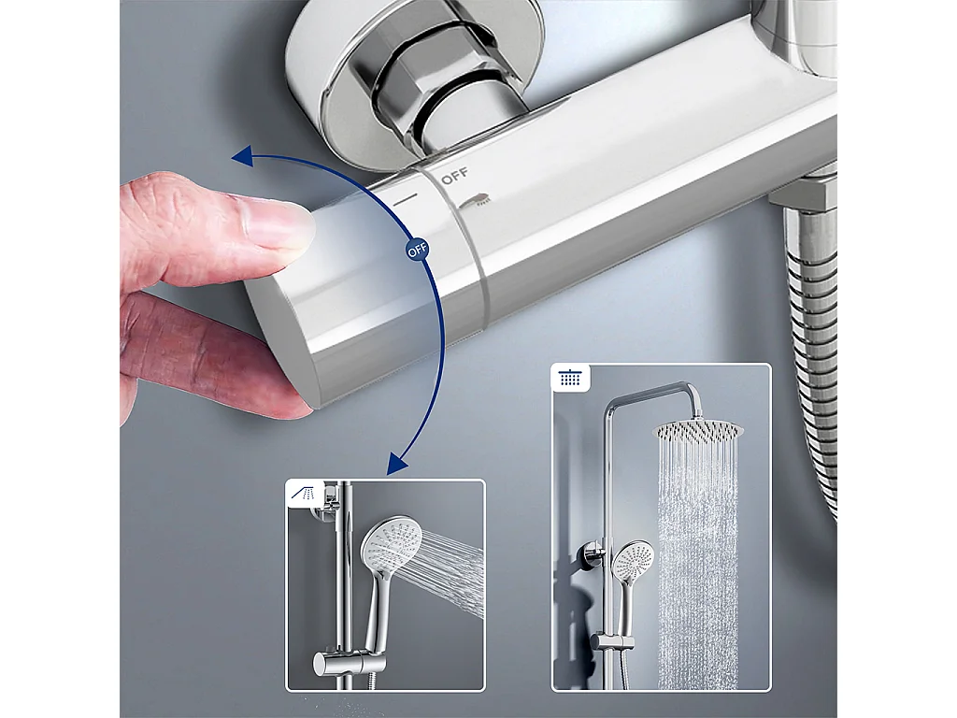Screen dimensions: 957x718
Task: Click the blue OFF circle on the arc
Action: coord(418,250)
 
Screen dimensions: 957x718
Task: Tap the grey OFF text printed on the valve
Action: coord(455,176)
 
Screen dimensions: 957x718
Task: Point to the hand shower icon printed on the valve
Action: coord(475,201)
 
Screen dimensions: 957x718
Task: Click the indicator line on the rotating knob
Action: coord(406,198)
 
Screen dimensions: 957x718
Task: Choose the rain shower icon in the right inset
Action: coord(571,378)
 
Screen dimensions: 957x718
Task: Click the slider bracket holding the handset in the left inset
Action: coord(349,663)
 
